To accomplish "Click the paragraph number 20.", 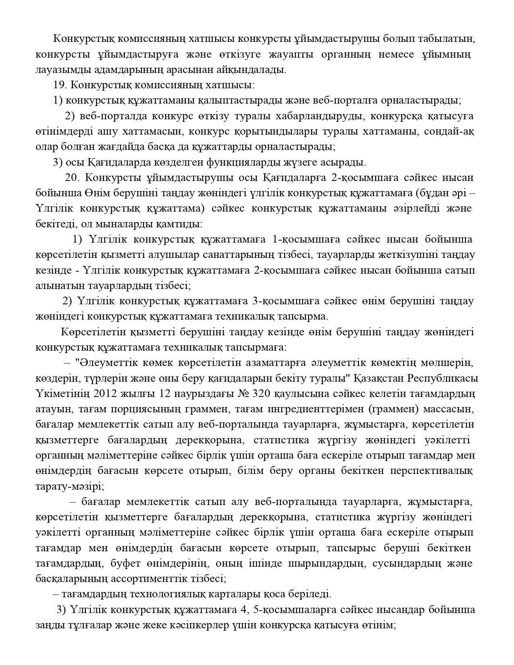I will [x=73, y=178].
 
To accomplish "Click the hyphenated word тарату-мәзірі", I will [x=69, y=486].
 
